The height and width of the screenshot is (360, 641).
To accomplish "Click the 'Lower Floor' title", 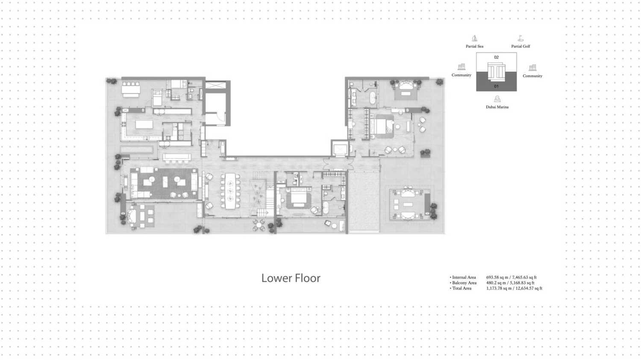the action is click(x=291, y=278).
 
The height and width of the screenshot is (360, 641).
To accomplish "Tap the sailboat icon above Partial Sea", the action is click(x=474, y=38).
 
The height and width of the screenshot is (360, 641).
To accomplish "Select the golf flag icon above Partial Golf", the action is click(x=520, y=38).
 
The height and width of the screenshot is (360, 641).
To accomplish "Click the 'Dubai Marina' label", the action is click(x=497, y=107).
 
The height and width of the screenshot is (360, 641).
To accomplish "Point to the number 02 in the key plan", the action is click(x=496, y=57).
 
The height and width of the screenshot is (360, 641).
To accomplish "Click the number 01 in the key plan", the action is click(x=496, y=86).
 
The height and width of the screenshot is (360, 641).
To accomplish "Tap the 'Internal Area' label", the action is click(x=464, y=277).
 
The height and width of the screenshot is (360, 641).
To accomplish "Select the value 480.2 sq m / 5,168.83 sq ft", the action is click(x=510, y=283).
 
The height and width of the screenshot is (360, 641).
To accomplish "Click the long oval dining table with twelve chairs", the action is click(x=230, y=191).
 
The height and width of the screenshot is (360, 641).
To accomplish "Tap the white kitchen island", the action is click(x=144, y=124).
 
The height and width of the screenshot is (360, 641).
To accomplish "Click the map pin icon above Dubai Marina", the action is click(x=497, y=99).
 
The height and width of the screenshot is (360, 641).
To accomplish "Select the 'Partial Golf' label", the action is click(x=520, y=47).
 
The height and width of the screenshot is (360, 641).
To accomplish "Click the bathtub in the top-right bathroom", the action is click(x=373, y=98).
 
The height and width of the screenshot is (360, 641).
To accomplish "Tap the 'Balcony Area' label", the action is click(x=464, y=283).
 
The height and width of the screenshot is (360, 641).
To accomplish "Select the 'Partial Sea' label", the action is click(x=474, y=47).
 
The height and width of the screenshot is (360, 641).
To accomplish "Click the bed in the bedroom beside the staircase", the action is click(x=298, y=198).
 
